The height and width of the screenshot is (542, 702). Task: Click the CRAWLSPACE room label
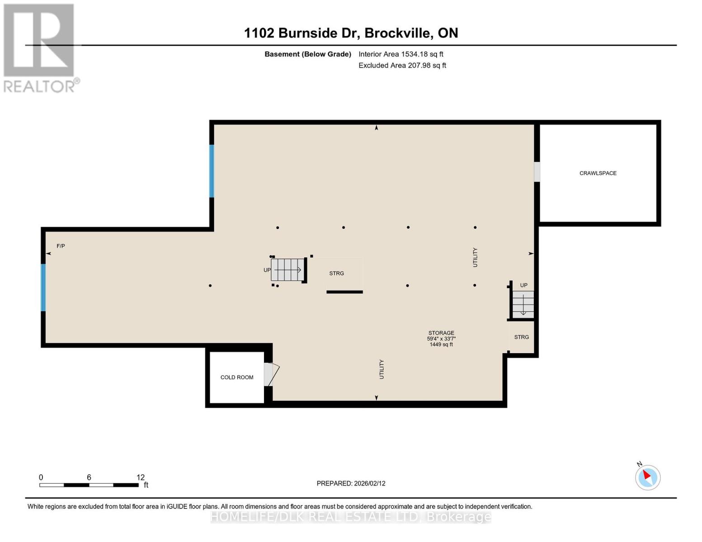pyautogui.click(x=598, y=173)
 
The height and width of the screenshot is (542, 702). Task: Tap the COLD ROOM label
pyautogui.click(x=236, y=377)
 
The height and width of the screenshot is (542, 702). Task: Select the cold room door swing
pyautogui.click(x=272, y=374)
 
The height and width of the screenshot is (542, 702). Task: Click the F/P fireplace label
pyautogui.click(x=61, y=246)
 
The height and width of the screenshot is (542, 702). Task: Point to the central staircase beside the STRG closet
pyautogui.click(x=288, y=270)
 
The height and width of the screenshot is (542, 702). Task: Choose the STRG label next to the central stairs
pyautogui.click(x=336, y=273)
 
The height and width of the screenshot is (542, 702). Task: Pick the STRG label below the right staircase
pyautogui.click(x=521, y=337)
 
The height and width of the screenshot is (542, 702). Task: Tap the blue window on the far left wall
pyautogui.click(x=43, y=288)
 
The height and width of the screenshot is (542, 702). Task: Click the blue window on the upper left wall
pyautogui.click(x=212, y=171)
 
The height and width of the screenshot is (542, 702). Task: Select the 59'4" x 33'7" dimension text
pyautogui.click(x=441, y=339)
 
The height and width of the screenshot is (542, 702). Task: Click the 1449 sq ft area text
pyautogui.click(x=441, y=345)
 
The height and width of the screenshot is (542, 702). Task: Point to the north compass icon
pyautogui.click(x=647, y=477)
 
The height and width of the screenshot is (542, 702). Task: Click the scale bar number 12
pyautogui.click(x=141, y=477)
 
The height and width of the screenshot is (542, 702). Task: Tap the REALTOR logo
pyautogui.click(x=40, y=48)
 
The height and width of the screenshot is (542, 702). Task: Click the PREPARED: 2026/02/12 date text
pyautogui.click(x=351, y=483)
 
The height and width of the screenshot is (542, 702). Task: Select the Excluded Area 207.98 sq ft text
pyautogui.click(x=402, y=65)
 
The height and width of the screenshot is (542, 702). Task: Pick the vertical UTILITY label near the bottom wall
pyautogui.click(x=382, y=369)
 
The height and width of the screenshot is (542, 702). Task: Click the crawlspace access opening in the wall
pyautogui.click(x=537, y=172)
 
